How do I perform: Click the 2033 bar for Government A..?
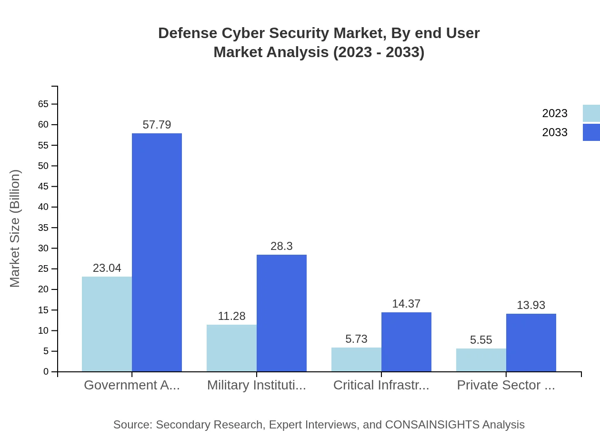point(157,252)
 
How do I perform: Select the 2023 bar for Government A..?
point(107,324)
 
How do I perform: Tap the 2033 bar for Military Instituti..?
point(281,313)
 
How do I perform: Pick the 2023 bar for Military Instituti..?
point(231,348)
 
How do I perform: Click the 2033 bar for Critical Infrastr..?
point(406,342)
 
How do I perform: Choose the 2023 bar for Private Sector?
point(481,360)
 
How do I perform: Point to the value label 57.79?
point(157,125)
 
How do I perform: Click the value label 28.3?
point(281,246)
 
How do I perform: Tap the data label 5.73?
point(356,339)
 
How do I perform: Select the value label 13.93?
point(531,305)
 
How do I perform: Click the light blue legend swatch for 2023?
point(591,113)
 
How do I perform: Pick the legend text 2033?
point(555,132)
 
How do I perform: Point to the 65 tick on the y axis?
point(43,104)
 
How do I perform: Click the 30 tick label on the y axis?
point(43,248)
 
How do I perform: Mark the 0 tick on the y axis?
point(46,371)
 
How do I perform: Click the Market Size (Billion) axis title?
point(15,229)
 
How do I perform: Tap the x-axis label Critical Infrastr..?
point(381,385)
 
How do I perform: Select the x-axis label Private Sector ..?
point(506,385)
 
